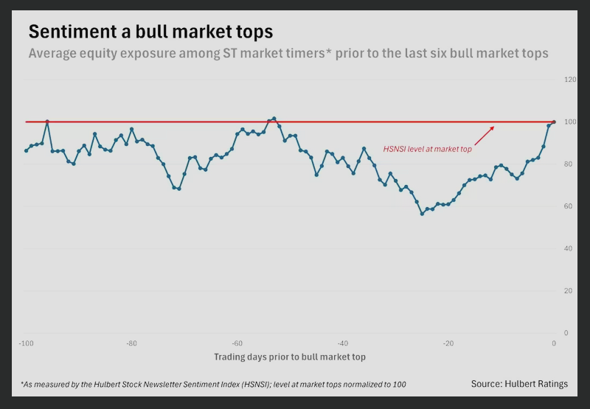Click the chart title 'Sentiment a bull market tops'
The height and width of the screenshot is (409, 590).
click(x=150, y=32)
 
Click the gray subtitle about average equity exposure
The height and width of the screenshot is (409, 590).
click(x=288, y=54)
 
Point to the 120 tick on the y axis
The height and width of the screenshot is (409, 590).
click(x=570, y=80)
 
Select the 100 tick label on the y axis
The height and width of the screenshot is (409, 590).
click(x=570, y=122)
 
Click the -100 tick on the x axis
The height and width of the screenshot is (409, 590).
click(x=26, y=344)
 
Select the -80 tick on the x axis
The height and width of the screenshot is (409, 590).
click(x=131, y=344)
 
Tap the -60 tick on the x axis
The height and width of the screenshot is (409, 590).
click(x=237, y=344)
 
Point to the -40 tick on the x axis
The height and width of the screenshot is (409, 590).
click(x=342, y=344)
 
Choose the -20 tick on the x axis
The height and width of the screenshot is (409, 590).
click(x=448, y=344)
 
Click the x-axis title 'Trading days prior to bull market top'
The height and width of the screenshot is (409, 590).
click(x=290, y=357)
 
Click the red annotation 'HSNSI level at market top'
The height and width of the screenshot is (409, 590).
click(x=427, y=149)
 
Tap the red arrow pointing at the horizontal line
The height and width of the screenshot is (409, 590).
click(x=484, y=135)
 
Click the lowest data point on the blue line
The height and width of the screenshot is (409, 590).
click(x=422, y=214)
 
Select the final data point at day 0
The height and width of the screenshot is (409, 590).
click(x=554, y=122)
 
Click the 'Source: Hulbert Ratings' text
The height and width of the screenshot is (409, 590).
click(x=520, y=384)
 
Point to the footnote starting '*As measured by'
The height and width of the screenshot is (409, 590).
click(x=213, y=385)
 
